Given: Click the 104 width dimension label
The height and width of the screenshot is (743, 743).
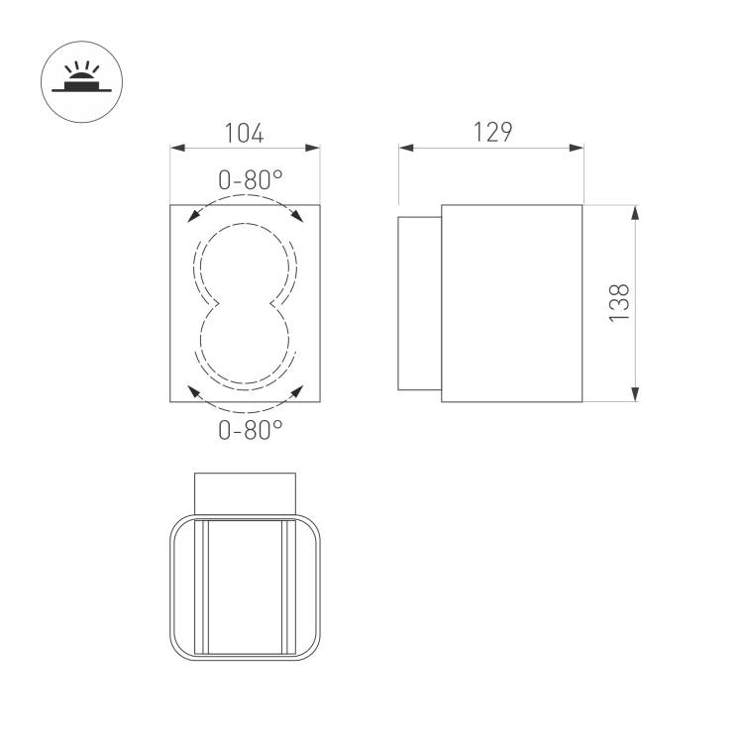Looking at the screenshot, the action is click(x=244, y=133).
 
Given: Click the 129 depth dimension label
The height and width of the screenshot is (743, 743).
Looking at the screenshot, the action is click(x=492, y=132).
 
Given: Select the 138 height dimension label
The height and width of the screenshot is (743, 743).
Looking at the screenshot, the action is click(x=619, y=303).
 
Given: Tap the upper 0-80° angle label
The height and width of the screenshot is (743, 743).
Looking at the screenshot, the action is click(x=251, y=180).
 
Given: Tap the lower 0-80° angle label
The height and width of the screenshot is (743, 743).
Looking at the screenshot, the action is click(x=251, y=430).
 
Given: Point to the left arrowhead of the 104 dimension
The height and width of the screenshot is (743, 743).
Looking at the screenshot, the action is click(x=177, y=148).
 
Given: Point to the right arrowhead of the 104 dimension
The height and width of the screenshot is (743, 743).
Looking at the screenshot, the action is click(x=313, y=148).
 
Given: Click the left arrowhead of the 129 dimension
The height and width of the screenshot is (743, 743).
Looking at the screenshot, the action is click(x=406, y=148).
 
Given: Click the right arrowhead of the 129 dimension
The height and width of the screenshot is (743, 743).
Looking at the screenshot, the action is click(x=576, y=148).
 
